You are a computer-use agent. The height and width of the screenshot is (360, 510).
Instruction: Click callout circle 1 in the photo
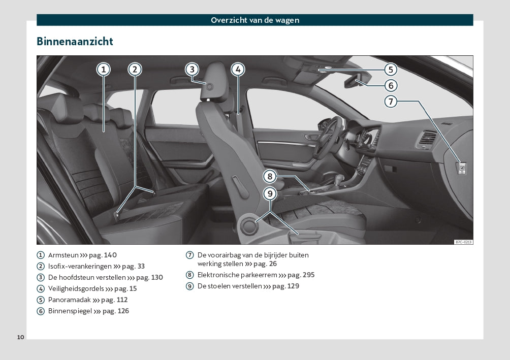[103, 69]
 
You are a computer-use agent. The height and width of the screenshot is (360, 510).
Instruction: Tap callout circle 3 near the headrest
[192, 69]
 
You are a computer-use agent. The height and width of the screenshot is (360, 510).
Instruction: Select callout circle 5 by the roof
[390, 70]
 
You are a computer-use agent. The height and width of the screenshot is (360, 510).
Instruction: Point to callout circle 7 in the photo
[390, 102]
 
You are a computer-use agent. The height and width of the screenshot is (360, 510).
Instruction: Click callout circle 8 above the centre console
[270, 177]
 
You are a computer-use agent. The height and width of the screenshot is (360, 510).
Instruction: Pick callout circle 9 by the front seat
[270, 193]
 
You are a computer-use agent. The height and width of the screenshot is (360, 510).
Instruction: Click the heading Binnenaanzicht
[75, 41]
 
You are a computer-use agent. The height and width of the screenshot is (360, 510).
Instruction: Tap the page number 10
[20, 337]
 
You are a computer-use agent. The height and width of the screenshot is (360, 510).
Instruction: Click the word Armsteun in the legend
[63, 255]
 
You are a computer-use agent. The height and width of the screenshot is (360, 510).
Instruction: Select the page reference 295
[308, 275]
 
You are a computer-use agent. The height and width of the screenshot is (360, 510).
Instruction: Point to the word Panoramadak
[69, 300]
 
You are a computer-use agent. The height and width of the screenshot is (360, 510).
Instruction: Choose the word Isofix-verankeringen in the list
[80, 266]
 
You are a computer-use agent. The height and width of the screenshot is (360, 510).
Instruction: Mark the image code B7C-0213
[463, 242]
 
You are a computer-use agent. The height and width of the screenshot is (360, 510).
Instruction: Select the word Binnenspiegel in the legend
[70, 311]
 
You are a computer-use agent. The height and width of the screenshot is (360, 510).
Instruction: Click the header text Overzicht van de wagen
[255, 20]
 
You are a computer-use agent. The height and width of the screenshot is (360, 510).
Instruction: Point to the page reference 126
[123, 311]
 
